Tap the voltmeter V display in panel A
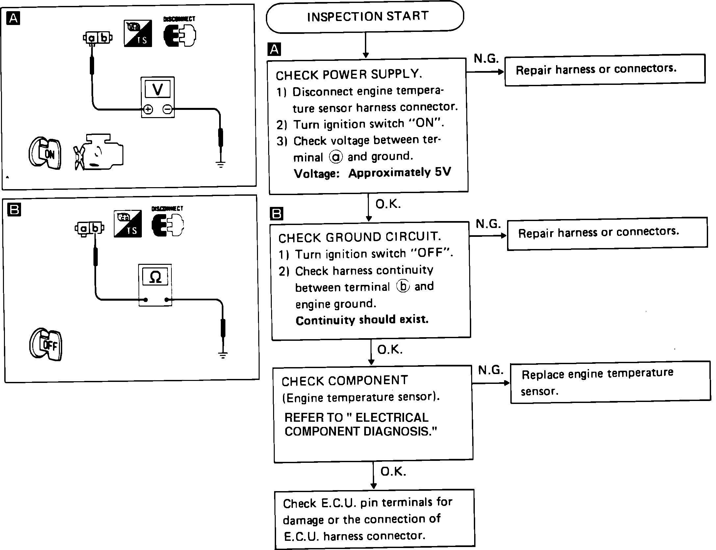pos(158,89)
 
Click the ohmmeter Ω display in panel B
pos(155,277)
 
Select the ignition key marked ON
pos(45,153)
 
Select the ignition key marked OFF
pos(46,344)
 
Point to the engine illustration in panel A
pos(99,153)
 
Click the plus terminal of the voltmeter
pos(148,110)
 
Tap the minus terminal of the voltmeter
pos(167,109)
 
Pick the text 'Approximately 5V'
pos(399,172)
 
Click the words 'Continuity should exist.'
pos(362,320)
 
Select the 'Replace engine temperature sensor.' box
pos(610,382)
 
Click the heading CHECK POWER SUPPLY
pos(349,75)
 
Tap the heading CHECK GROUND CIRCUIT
pos(360,237)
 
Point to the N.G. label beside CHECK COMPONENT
pos(491,370)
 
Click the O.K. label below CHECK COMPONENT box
pos(393,472)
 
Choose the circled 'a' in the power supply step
pos(336,157)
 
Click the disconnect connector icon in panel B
pos(167,225)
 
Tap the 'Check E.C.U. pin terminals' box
pos(374,519)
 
